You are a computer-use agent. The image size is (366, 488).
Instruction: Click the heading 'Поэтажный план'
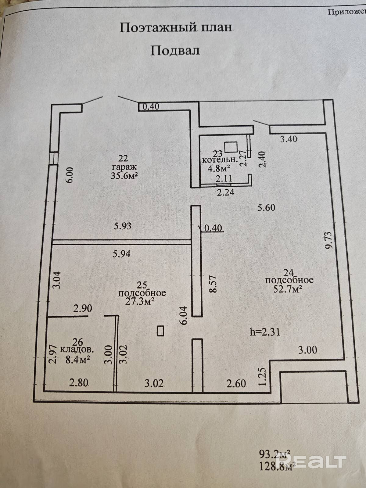(x=176, y=28)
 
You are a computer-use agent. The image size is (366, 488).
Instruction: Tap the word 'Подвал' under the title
(x=175, y=50)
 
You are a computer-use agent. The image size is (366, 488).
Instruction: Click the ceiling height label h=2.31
(x=265, y=332)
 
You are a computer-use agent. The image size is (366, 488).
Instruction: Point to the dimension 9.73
(x=329, y=241)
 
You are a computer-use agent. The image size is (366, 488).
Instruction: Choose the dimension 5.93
(x=123, y=226)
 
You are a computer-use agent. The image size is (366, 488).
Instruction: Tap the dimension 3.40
(x=289, y=139)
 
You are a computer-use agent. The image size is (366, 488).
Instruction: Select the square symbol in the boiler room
(x=231, y=147)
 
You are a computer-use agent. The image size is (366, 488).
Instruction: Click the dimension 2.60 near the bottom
(x=236, y=383)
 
